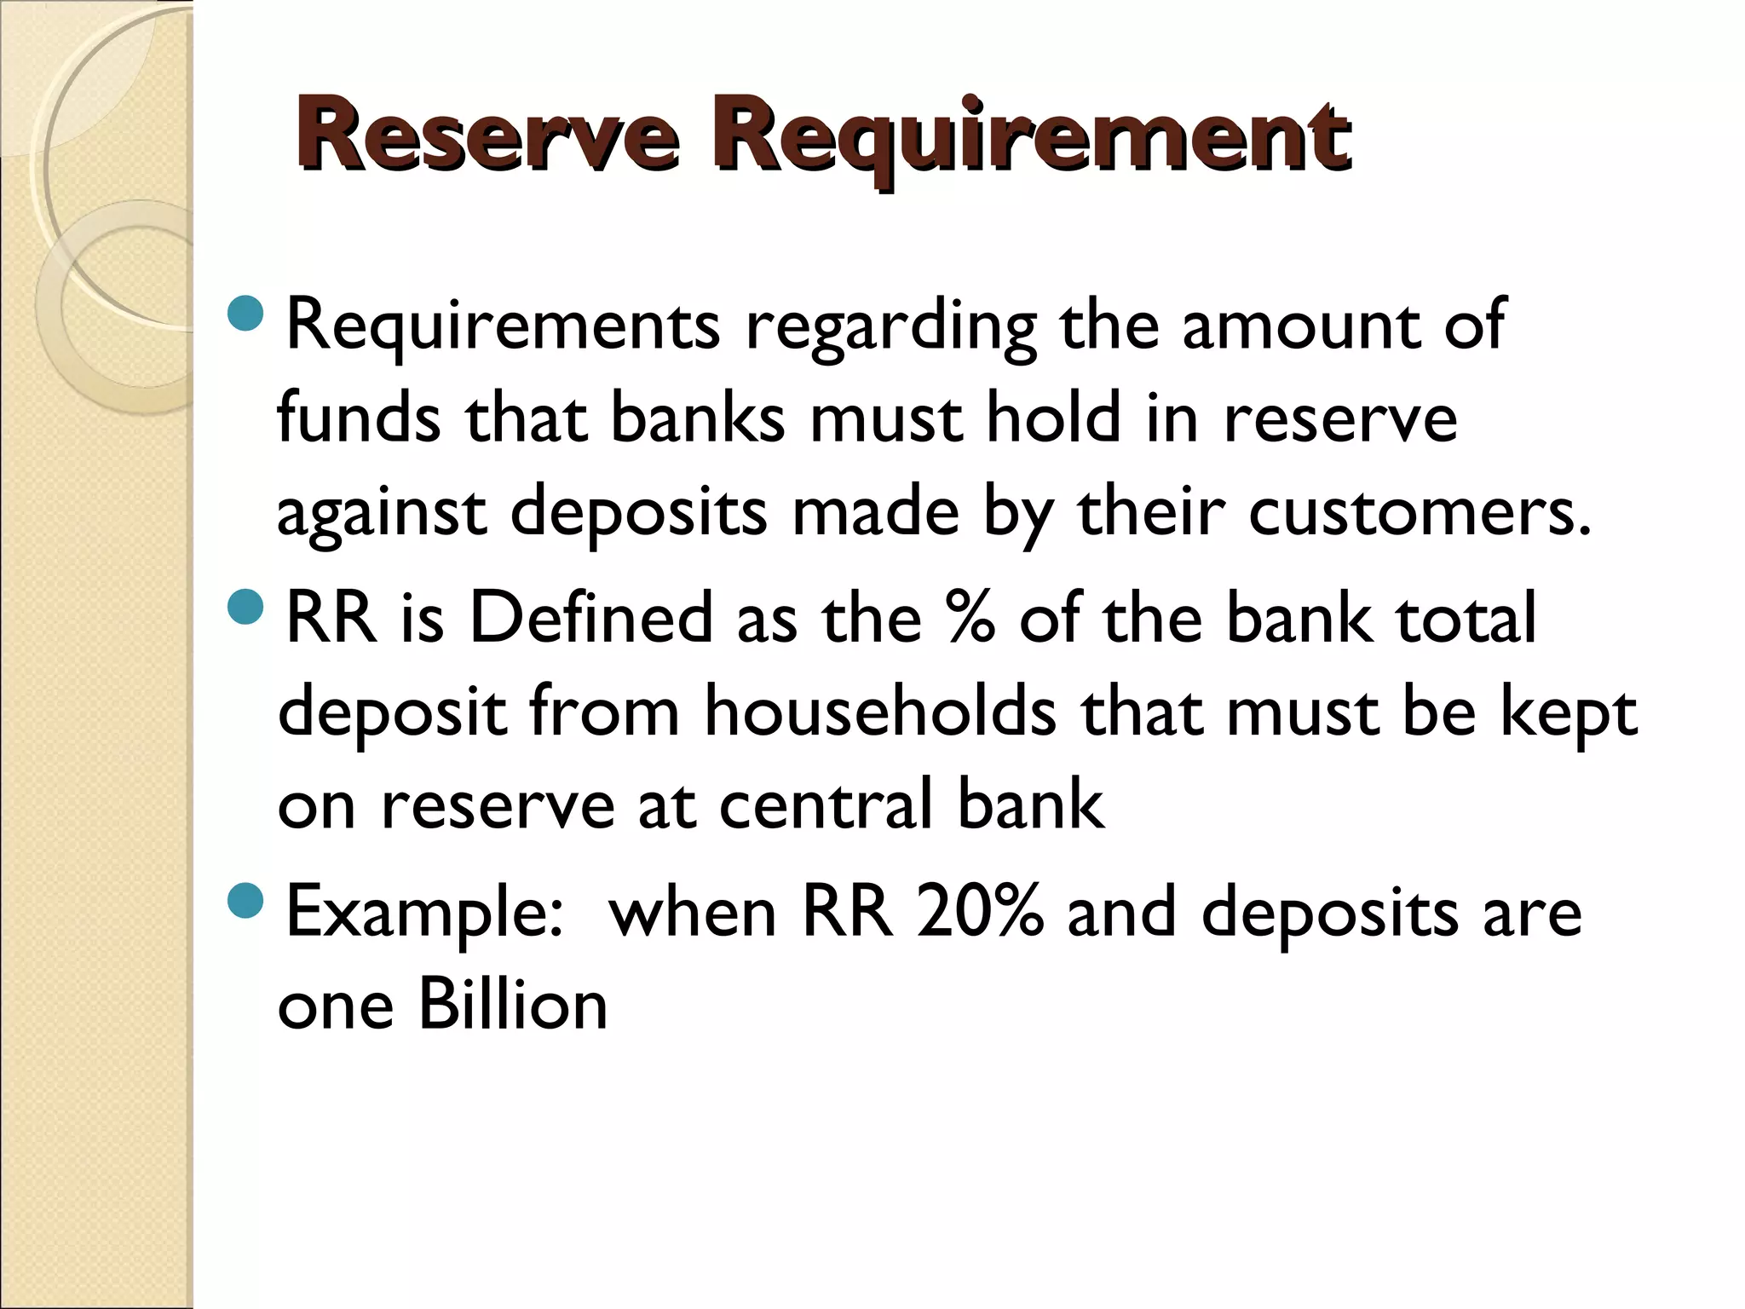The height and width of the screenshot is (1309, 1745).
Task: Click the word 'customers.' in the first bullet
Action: coord(1420,511)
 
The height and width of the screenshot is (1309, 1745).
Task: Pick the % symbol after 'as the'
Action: coord(970,617)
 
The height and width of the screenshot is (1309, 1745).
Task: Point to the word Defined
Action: coord(590,617)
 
